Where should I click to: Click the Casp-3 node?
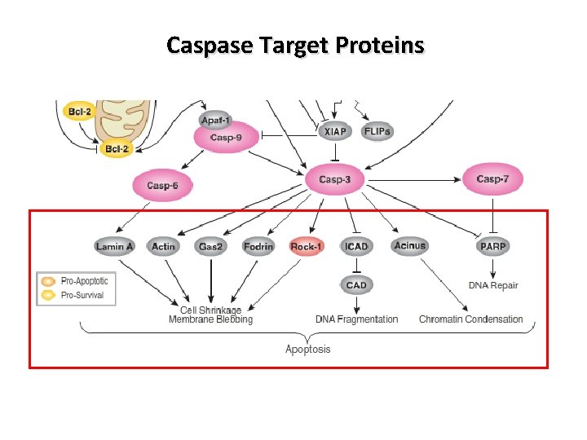coord(335,179)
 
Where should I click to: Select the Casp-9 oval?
coord(225,138)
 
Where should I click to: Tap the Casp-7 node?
coord(493,179)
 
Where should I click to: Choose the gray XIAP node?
coord(334,131)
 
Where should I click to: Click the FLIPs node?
coord(377,131)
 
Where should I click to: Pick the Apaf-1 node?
coord(215,118)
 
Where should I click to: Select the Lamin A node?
coord(114,246)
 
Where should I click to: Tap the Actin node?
coord(163,246)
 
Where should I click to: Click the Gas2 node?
coord(210,246)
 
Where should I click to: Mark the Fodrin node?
coord(258,246)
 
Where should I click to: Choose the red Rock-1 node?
coord(307,246)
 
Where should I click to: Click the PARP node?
coord(493,246)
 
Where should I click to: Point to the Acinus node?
coord(409,245)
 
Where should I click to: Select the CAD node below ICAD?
coord(356,285)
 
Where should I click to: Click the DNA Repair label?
coord(493,285)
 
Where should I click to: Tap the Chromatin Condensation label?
coord(470,319)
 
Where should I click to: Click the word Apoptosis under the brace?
coord(307,350)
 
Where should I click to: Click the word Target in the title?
coord(292,45)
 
